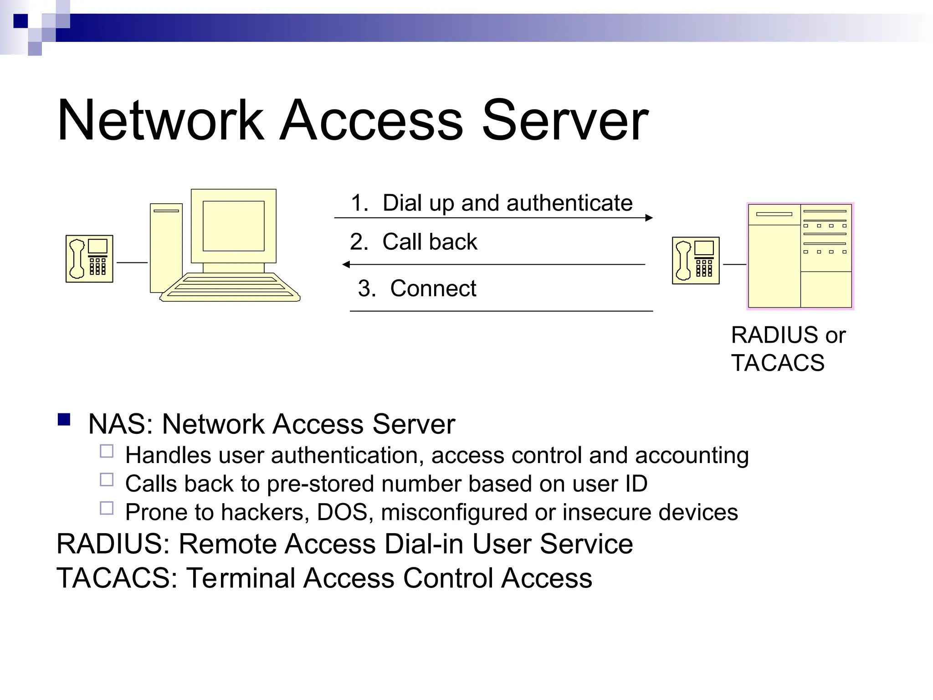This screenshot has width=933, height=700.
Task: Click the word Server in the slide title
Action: (565, 120)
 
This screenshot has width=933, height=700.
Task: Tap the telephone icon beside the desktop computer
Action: (89, 259)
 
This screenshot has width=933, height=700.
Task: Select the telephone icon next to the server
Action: (696, 261)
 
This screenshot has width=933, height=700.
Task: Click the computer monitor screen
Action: (233, 226)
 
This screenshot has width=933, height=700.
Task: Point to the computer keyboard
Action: (230, 287)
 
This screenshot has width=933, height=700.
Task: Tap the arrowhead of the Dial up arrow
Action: (649, 218)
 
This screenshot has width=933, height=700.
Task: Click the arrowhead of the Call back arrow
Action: (346, 264)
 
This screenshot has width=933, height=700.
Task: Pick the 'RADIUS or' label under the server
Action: (788, 335)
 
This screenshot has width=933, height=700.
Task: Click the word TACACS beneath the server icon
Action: (778, 363)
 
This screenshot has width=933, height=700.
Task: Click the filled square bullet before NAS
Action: (64, 419)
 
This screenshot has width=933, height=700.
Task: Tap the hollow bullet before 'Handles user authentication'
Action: (107, 451)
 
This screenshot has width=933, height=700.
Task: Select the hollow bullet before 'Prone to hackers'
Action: (107, 508)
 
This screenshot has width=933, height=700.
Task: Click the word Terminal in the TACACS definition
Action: (241, 578)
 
